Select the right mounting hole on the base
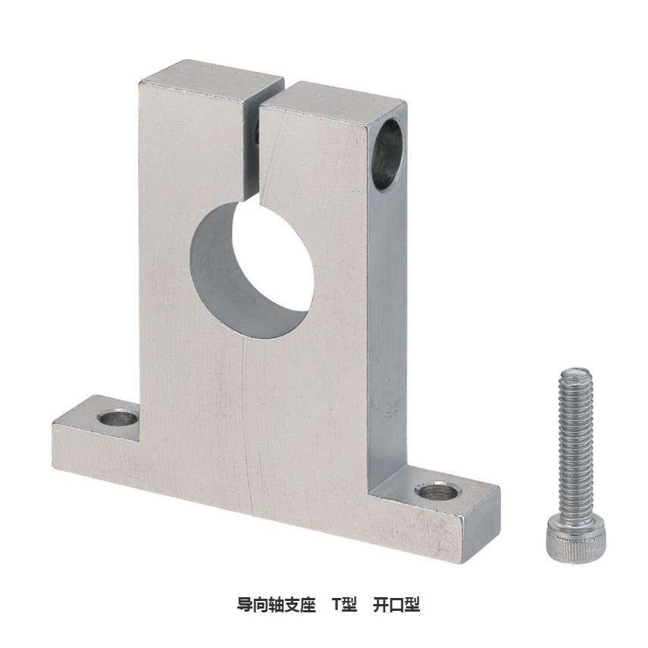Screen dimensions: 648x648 [x=438, y=492]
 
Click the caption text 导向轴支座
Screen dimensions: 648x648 [x=276, y=605]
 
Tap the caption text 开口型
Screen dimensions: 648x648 [x=396, y=605]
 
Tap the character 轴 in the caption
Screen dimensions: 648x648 [x=276, y=605]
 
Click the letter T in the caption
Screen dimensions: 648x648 [x=337, y=605]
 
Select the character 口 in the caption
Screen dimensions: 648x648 [x=396, y=605]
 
